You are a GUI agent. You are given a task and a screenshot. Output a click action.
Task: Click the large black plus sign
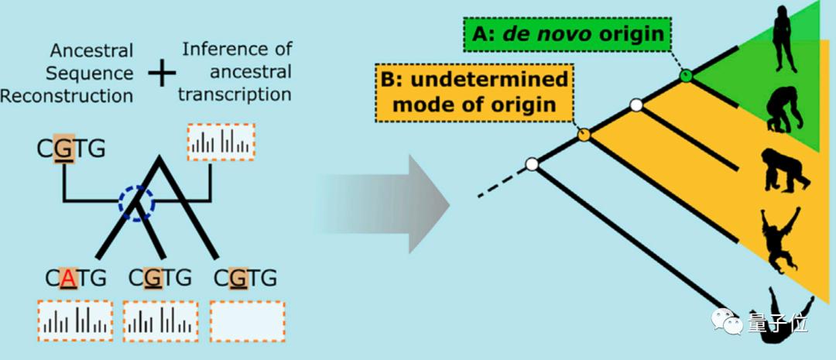(162, 74)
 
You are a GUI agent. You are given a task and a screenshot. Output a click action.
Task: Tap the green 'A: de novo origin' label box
(568, 35)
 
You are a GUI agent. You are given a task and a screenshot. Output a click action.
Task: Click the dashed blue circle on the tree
(136, 203)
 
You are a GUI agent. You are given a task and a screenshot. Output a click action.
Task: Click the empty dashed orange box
(248, 321)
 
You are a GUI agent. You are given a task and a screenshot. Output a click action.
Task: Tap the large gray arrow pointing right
(384, 204)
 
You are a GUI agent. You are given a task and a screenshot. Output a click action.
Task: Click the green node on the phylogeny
(687, 76)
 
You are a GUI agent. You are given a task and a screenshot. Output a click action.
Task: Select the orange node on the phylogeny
(584, 135)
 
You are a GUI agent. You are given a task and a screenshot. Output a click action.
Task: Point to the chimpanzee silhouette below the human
(783, 109)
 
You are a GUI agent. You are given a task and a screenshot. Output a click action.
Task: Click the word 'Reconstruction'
(67, 96)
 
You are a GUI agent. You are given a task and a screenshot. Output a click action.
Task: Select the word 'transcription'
(235, 94)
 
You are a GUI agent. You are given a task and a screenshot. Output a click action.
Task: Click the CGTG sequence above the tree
(71, 149)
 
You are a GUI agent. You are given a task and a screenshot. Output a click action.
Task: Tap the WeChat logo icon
(725, 323)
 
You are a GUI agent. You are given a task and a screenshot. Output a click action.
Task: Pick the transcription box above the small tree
(221, 142)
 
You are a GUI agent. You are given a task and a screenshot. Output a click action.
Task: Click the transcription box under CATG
(75, 321)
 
